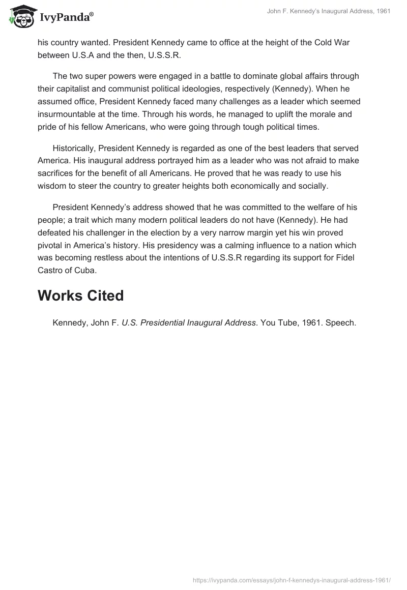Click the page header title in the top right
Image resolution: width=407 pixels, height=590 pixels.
point(329,12)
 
